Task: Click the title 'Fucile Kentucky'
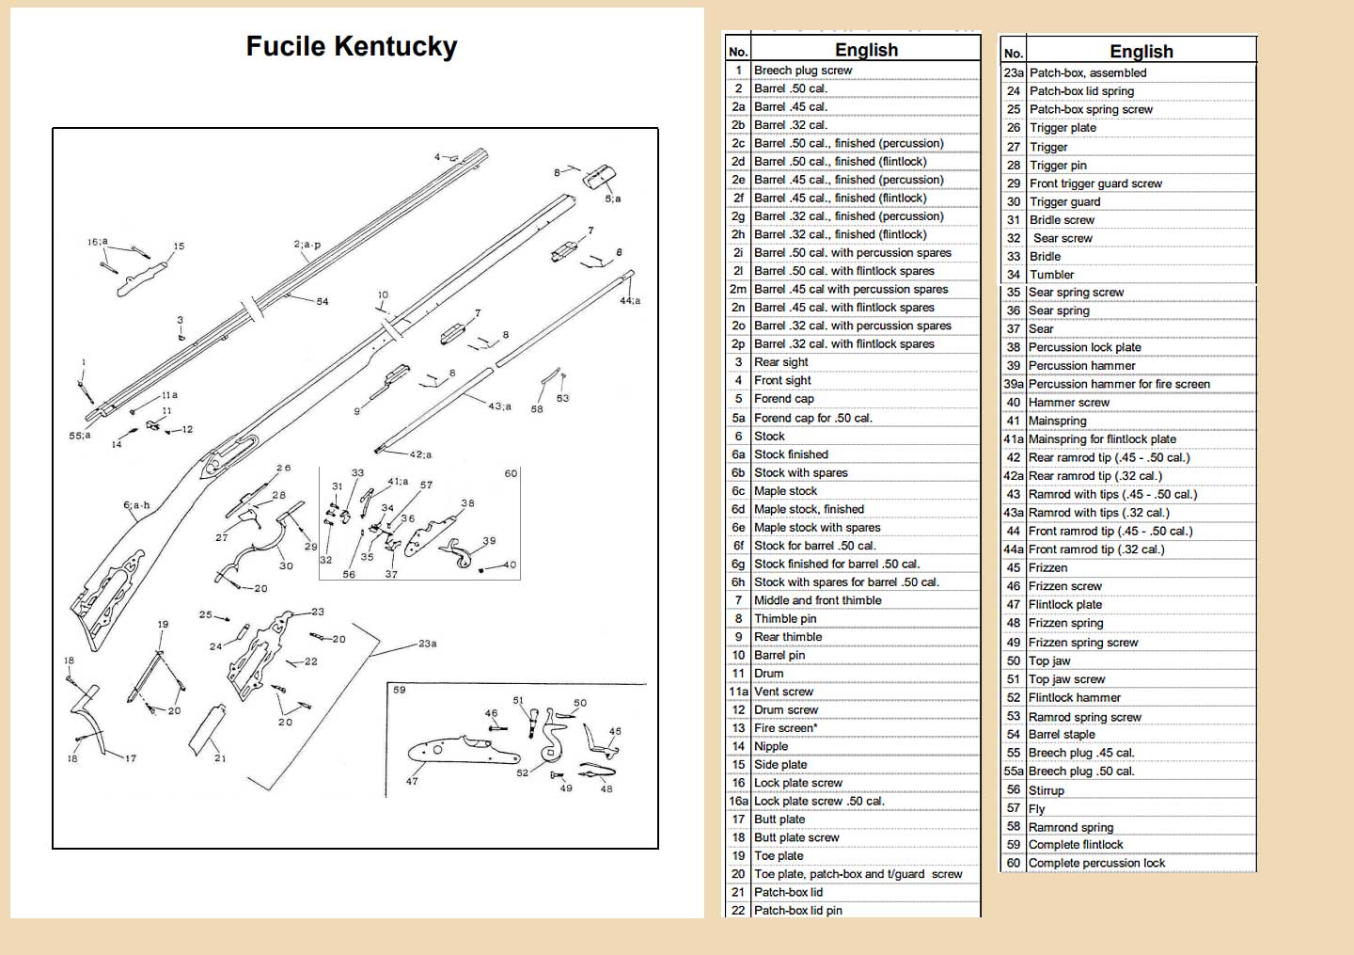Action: (x=352, y=46)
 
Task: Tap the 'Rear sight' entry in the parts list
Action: (x=780, y=361)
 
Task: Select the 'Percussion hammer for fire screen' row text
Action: (x=1119, y=384)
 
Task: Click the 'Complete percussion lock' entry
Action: (x=1096, y=863)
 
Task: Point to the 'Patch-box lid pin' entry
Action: (x=797, y=910)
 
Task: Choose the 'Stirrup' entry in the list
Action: (x=1046, y=790)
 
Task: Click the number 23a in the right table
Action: (x=1014, y=73)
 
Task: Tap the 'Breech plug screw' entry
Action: (x=803, y=71)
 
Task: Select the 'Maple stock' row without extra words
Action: (x=785, y=490)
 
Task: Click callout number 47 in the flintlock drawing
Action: (x=412, y=781)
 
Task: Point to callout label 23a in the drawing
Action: (x=427, y=644)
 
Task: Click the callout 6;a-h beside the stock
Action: (x=136, y=505)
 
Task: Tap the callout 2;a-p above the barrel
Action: (x=307, y=245)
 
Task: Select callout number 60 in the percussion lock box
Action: (x=511, y=473)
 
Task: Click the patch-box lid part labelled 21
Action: (x=207, y=729)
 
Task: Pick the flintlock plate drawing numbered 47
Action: (x=464, y=750)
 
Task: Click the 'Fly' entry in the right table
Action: (x=1036, y=808)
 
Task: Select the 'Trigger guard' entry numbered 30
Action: (x=1064, y=202)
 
